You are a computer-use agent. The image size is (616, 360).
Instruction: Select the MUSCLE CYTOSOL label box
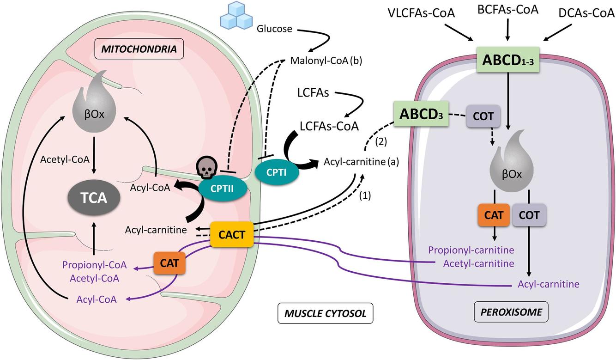tap(326, 314)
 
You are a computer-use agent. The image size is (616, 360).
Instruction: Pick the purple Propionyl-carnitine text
tap(471, 250)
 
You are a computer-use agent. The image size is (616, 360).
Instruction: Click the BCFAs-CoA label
tap(507, 9)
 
